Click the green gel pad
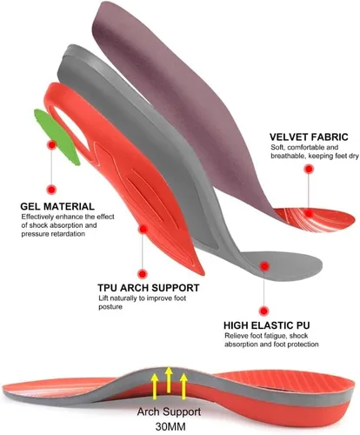(x=57, y=137)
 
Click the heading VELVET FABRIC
(x=309, y=137)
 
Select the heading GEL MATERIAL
(x=57, y=206)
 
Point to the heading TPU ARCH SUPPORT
(x=149, y=288)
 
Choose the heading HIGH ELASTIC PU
(x=267, y=325)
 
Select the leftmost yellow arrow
(x=155, y=386)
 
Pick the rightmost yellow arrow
(x=183, y=386)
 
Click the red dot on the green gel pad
(x=52, y=144)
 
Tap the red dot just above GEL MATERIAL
(x=51, y=190)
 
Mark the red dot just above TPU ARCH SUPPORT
(x=143, y=273)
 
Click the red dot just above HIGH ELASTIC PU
(x=263, y=311)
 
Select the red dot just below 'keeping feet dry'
(x=309, y=169)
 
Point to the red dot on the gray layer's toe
(x=264, y=266)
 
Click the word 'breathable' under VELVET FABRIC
(x=288, y=156)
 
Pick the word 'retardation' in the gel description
(x=69, y=234)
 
